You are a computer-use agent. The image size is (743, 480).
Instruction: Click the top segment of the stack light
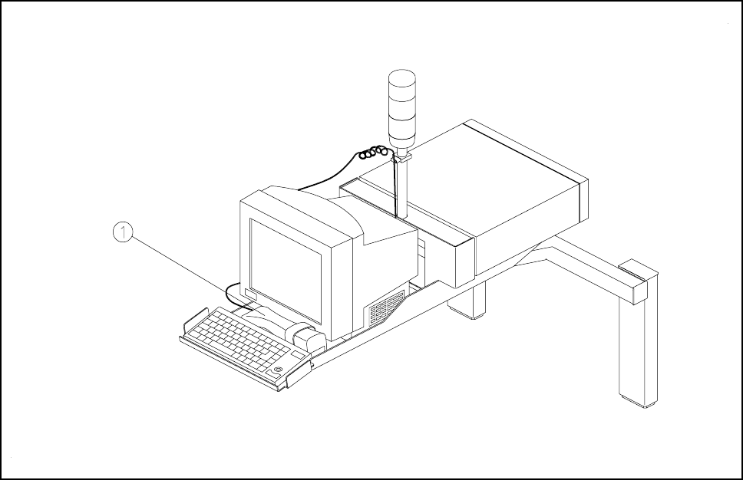point(401,83)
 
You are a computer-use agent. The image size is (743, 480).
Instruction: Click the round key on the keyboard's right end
point(277,371)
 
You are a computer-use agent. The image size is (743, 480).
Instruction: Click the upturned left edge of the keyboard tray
point(192,322)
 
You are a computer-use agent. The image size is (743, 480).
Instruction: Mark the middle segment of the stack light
point(401,107)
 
